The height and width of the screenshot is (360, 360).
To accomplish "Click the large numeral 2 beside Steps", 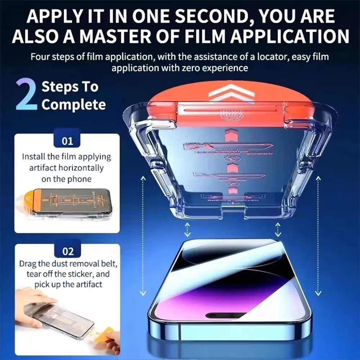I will click(26, 95).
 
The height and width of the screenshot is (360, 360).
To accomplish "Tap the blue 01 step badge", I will click(68, 141).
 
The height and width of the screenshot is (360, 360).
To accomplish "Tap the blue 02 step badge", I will click(68, 251).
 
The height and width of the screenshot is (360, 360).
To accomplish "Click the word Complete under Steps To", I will click(73, 105).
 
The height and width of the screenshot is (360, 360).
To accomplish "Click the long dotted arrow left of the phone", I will click(143, 236).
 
